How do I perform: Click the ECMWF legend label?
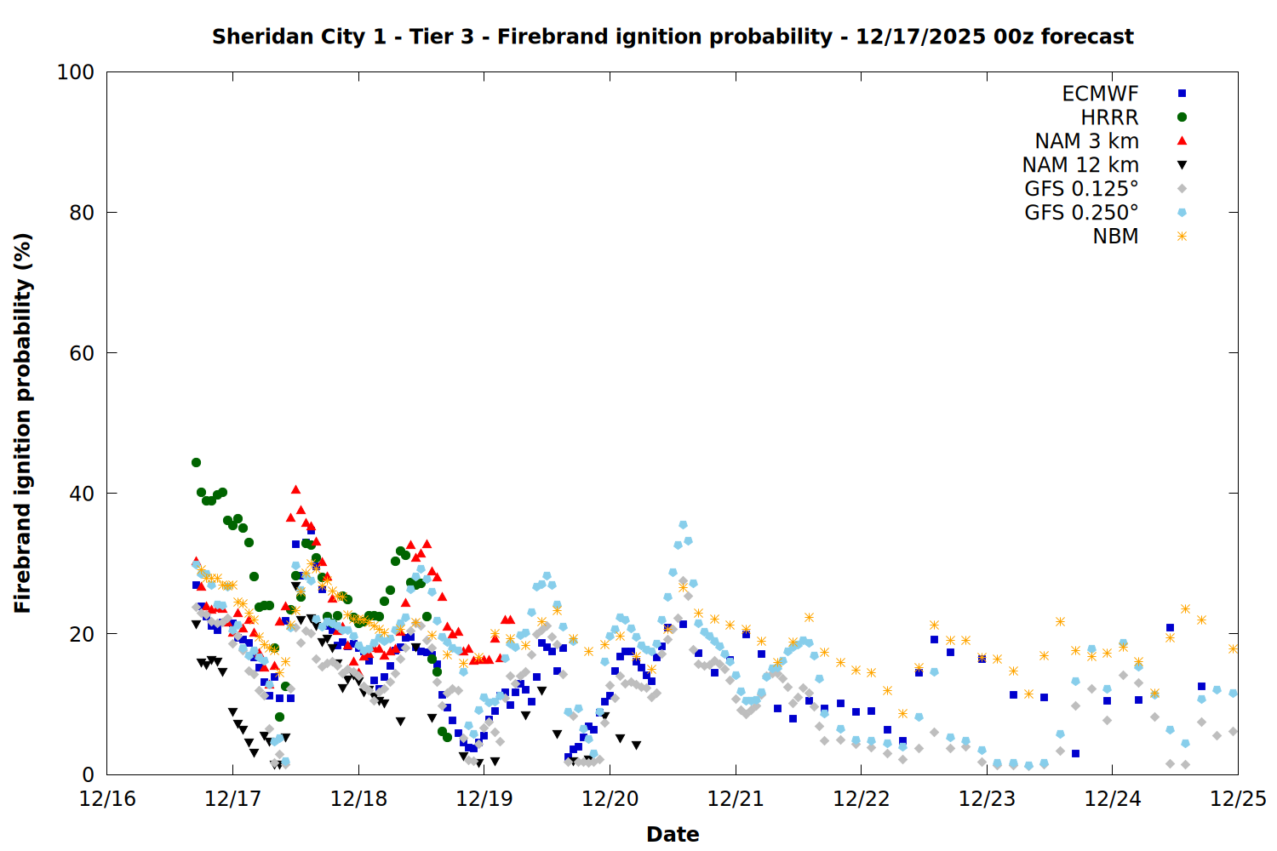click(x=1100, y=94)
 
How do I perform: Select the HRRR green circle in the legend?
click(x=1182, y=117)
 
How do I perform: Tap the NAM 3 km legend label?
click(x=1086, y=141)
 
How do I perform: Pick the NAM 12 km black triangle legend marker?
click(x=1182, y=165)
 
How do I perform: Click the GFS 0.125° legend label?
click(x=1081, y=189)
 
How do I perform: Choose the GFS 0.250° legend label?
click(x=1081, y=213)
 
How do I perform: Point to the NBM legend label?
click(x=1115, y=237)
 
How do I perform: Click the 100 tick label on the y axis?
click(x=76, y=72)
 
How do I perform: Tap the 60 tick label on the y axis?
click(x=81, y=353)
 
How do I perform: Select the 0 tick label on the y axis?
click(x=88, y=774)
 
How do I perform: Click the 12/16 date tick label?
click(x=107, y=799)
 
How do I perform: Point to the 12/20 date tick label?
click(x=610, y=799)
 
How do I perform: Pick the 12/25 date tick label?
click(x=1238, y=799)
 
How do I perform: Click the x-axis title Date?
click(x=673, y=834)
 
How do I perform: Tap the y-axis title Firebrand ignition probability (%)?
click(x=23, y=423)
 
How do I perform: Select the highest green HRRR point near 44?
click(x=196, y=463)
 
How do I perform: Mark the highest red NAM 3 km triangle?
click(x=295, y=489)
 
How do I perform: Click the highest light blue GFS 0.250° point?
click(x=683, y=525)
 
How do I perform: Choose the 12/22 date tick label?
click(x=862, y=799)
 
